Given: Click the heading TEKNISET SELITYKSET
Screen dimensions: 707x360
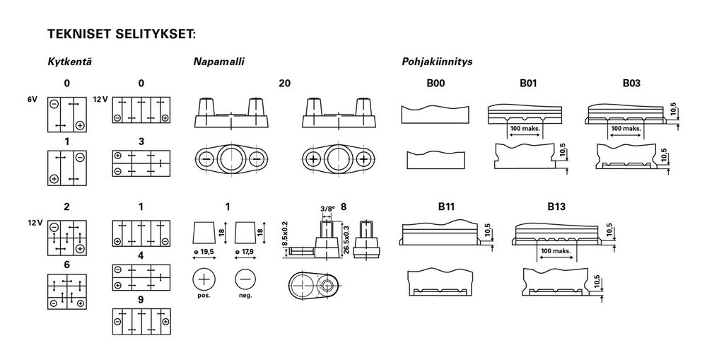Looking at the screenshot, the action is click(122, 34).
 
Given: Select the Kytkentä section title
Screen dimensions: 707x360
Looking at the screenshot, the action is click(69, 62).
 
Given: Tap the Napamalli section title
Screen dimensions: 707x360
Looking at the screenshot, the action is click(218, 62).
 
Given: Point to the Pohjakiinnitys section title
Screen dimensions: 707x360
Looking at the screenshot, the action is click(437, 62).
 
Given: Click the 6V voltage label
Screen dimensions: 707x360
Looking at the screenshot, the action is click(32, 100).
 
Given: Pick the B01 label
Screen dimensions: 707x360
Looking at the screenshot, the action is click(528, 83).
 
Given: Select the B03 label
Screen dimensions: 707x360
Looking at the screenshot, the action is click(631, 83).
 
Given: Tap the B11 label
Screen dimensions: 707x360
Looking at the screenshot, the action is click(446, 207).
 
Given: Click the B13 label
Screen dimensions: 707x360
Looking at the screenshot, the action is click(556, 207).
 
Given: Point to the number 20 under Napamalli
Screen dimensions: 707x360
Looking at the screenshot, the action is click(284, 83).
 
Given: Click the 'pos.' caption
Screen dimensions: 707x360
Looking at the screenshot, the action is click(204, 296).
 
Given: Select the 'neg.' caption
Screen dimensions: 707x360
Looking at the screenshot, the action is click(245, 296).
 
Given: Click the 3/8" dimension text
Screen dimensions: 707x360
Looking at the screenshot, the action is click(328, 209).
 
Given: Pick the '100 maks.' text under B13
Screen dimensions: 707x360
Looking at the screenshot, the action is click(556, 251).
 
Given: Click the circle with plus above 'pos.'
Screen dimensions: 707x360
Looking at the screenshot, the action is click(204, 279).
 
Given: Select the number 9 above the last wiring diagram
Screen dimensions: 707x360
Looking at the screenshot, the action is click(141, 300).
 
